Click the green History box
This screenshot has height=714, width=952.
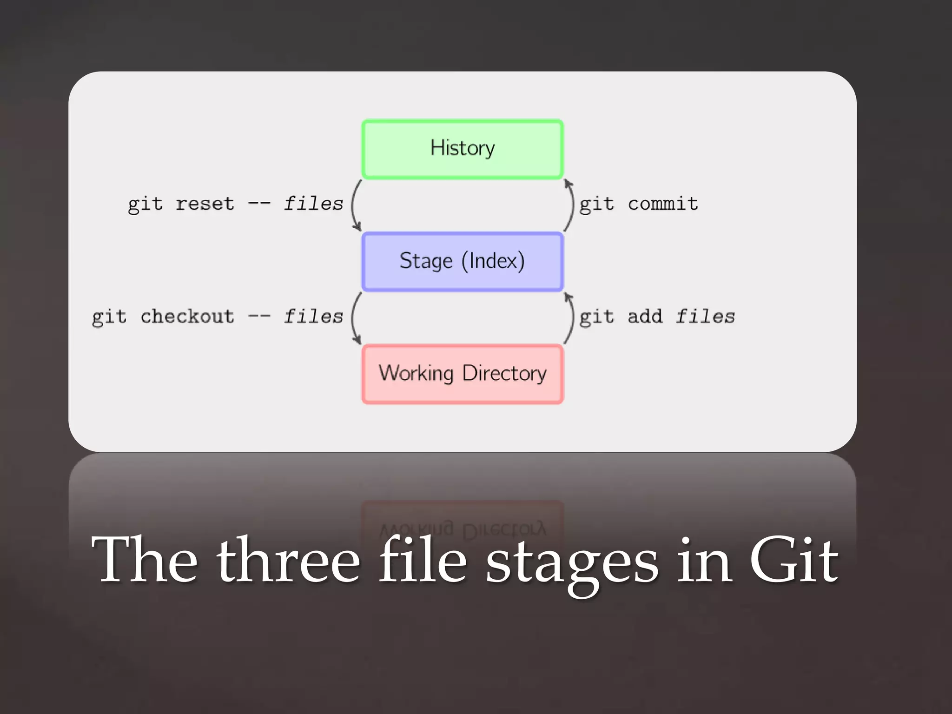point(462,149)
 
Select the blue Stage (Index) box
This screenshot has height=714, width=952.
point(462,262)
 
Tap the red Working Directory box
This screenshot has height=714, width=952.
point(462,374)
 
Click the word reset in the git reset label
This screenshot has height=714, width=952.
point(205,204)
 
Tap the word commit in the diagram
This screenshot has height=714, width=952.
point(663,204)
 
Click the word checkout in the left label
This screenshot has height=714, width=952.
point(187,317)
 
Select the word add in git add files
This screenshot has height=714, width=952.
point(645,317)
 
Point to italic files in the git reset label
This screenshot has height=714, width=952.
point(313,204)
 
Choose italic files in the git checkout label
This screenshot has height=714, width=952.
point(313,317)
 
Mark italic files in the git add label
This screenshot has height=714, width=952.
point(705,317)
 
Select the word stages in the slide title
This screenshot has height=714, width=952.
point(572,562)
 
